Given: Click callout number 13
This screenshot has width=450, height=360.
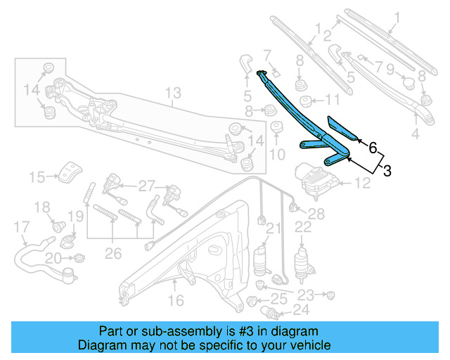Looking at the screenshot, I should click(173, 92).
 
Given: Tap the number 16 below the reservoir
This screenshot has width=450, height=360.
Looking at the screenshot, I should click(175, 300).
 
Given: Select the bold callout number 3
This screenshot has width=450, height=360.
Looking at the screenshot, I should click(387, 170).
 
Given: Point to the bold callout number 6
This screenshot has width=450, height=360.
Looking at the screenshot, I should click(373, 148).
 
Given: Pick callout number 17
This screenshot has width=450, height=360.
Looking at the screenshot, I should click(22, 226).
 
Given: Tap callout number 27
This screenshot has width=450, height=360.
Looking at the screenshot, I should click(146, 186).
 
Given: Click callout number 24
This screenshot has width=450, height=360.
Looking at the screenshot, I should click(301, 309).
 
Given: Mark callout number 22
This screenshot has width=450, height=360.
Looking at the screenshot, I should click(303, 226).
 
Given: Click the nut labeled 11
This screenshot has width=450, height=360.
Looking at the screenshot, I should click(307, 99).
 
